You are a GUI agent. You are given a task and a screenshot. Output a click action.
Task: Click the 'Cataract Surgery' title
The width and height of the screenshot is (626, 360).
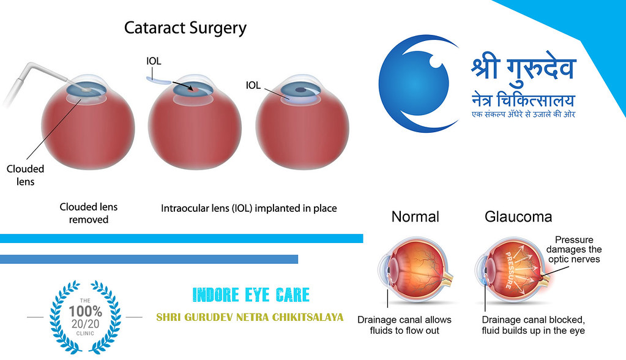185,28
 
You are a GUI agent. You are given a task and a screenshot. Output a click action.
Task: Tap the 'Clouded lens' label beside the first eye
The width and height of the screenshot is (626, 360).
25,175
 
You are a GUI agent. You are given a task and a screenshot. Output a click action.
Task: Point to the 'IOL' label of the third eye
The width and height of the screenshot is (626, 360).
254,85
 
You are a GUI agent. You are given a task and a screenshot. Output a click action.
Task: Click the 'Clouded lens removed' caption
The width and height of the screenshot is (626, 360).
88,213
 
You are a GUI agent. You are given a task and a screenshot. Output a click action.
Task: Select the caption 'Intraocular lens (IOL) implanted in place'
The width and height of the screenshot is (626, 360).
248,208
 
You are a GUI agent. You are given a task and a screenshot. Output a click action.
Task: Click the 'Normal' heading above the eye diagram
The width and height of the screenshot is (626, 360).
415,217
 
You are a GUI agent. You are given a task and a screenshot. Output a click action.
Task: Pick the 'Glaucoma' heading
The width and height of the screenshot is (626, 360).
518,217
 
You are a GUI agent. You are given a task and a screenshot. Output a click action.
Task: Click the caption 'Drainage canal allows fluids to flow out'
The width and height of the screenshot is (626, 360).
404,325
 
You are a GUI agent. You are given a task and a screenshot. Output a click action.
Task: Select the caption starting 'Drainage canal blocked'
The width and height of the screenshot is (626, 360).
533,325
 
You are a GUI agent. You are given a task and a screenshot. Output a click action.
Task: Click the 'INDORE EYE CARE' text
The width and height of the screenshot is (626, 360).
251,294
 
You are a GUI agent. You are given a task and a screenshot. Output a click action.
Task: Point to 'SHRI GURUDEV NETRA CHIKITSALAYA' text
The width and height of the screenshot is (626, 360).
250,318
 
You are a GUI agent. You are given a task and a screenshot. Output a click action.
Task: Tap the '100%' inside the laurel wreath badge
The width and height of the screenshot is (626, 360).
85,310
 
